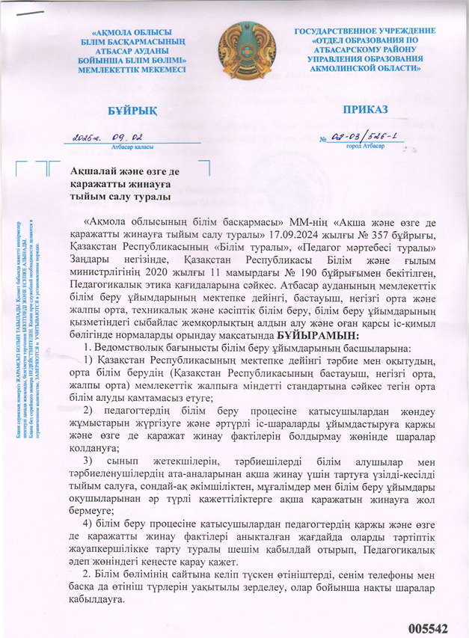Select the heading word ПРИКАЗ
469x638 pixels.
tap(365, 109)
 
